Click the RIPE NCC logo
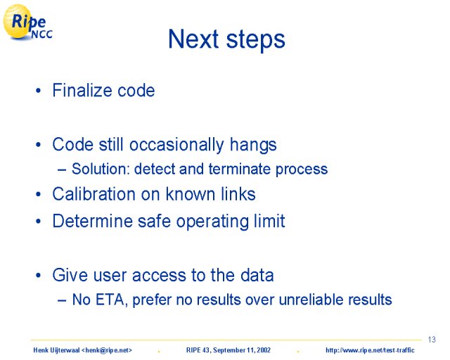point(27,22)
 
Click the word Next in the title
point(193,39)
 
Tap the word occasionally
point(176,146)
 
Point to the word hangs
point(253,146)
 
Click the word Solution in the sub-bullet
point(101,169)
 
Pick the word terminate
point(239,169)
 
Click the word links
point(238,194)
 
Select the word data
point(257,275)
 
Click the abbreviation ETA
point(111,300)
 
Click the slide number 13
point(432,340)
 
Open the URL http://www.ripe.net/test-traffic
point(370,350)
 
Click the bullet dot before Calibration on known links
point(39,194)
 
